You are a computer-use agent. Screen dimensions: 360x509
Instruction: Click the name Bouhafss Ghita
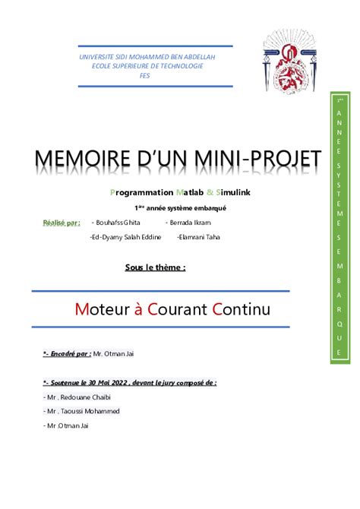[x=115, y=222]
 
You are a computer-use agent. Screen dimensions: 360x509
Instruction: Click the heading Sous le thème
[x=155, y=267]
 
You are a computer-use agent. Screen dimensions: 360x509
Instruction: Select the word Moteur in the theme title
[x=105, y=309]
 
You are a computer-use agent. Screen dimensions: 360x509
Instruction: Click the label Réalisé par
[x=61, y=223]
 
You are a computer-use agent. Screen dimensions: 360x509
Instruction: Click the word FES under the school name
[x=145, y=75]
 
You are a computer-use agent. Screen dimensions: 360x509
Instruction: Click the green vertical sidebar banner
[x=339, y=227]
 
